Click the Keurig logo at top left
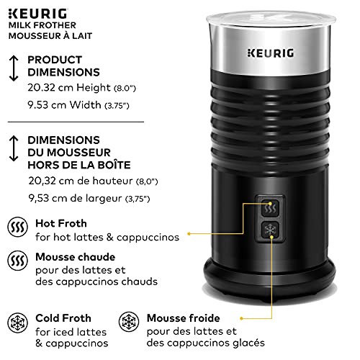38,14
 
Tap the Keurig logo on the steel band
271,53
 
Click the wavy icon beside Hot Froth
18,227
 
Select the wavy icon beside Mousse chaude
18,261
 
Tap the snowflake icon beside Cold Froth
18,323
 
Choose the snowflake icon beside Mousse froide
129,322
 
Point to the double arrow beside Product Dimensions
14,68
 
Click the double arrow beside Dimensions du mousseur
14,148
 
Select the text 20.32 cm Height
69,88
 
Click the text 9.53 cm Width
64,105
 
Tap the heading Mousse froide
184,318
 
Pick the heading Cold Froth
63,318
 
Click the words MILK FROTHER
42,25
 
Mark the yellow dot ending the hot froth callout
189,233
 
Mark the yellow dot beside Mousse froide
242,318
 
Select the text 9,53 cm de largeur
76,198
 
